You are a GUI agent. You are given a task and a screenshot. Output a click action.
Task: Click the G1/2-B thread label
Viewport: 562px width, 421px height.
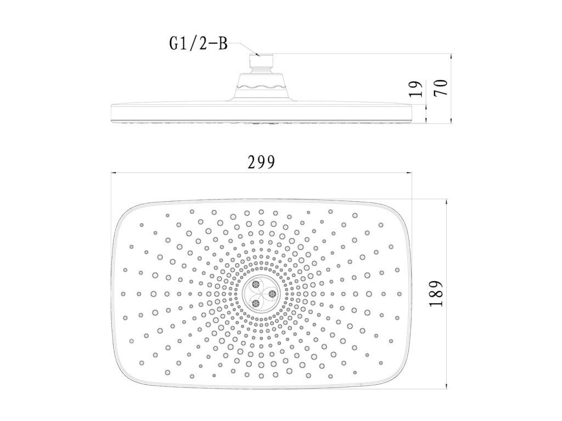click(199, 44)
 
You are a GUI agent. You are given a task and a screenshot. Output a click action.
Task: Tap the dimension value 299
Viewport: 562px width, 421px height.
click(262, 162)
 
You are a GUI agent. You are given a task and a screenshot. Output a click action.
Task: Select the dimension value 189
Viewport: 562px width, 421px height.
click(436, 294)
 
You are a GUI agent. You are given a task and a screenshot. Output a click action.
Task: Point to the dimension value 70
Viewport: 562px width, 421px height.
click(441, 88)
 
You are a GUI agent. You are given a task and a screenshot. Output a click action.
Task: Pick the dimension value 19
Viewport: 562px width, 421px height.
click(417, 89)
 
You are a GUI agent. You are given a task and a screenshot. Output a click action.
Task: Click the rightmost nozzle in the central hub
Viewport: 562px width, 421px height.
click(272, 294)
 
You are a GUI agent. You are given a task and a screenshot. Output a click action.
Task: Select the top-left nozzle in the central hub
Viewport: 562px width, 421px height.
click(256, 285)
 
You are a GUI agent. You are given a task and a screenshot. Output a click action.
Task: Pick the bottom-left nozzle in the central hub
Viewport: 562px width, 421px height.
click(256, 304)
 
